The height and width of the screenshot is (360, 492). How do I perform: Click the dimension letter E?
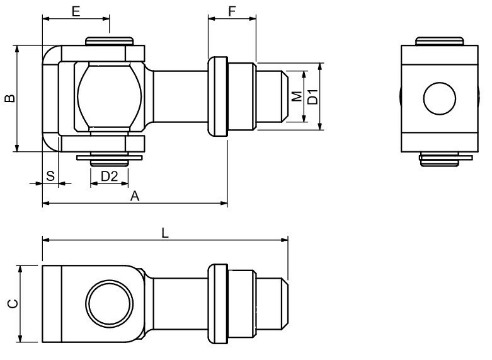point(76,11)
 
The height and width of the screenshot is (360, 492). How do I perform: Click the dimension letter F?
point(232,11)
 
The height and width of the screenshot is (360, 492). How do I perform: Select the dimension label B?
point(10,98)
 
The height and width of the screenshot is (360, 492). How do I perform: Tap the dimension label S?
point(50,176)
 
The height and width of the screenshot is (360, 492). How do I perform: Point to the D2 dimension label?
point(109,177)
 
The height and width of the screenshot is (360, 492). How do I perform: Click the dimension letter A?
point(135,196)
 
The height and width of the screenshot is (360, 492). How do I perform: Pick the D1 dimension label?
point(313,96)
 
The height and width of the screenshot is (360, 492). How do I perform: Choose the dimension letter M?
point(297,96)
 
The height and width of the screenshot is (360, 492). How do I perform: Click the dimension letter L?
point(165,233)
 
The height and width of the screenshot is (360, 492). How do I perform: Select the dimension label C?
point(13,304)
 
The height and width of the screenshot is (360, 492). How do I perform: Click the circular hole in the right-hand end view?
point(439,98)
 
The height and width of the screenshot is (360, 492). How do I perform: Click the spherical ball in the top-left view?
point(110,96)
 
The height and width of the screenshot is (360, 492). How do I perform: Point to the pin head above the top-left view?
point(109,41)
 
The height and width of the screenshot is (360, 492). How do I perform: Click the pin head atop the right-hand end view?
point(440,41)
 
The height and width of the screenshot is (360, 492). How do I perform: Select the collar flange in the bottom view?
point(218,304)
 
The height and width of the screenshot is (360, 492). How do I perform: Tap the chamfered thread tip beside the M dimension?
point(285,96)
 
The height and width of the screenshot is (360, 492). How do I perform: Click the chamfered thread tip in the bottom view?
point(285,304)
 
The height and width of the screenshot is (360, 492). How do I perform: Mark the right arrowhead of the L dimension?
point(285,240)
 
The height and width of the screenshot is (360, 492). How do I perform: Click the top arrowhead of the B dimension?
point(18,49)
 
